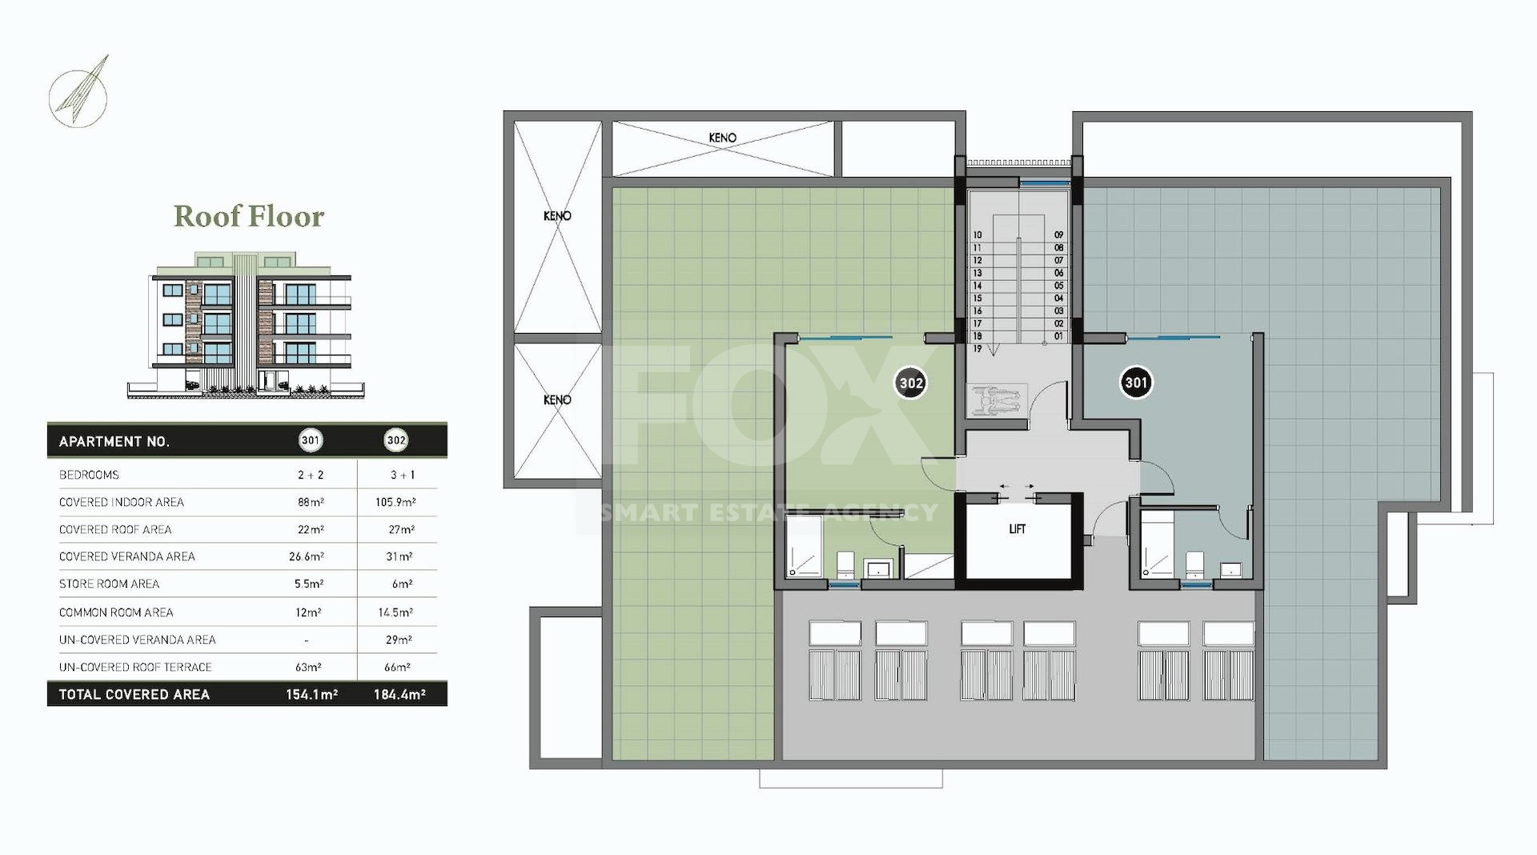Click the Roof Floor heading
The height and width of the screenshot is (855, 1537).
click(249, 216)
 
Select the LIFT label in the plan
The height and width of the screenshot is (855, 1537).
click(1017, 529)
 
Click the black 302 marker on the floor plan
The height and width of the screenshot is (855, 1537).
click(911, 383)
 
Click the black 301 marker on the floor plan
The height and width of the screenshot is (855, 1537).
click(1136, 383)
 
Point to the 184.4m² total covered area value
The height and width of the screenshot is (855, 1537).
click(399, 695)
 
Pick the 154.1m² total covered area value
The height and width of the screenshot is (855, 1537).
click(311, 695)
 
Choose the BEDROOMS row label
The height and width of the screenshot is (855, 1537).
click(89, 475)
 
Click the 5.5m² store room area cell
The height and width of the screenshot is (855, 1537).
click(307, 584)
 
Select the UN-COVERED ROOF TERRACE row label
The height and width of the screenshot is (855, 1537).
click(135, 667)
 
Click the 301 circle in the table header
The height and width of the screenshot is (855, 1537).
click(310, 440)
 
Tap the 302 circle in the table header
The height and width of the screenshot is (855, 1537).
click(396, 440)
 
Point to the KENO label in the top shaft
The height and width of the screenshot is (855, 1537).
click(722, 138)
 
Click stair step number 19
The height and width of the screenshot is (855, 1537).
click(977, 349)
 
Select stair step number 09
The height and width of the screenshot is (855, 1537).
click(1058, 235)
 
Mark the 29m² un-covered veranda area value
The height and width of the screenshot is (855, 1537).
click(398, 640)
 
